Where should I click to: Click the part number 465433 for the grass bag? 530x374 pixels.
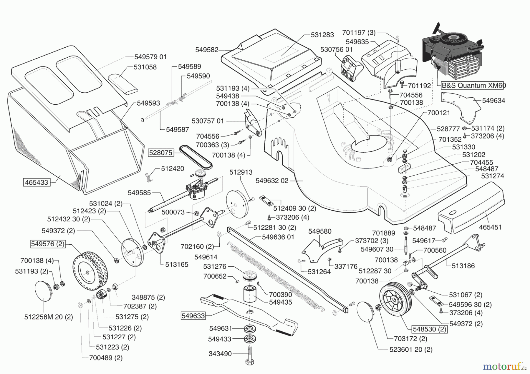[x=37, y=182]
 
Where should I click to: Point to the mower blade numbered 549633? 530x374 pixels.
[x=249, y=316]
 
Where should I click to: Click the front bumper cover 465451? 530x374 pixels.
[x=471, y=207]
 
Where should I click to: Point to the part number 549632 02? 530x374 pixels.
[x=272, y=181]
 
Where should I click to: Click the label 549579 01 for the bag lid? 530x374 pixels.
[x=150, y=57]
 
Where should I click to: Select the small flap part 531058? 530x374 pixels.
[x=122, y=84]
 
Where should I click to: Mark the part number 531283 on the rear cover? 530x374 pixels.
[x=322, y=35]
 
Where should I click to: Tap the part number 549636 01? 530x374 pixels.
[x=278, y=237]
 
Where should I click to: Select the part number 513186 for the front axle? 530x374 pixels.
[x=463, y=266]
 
